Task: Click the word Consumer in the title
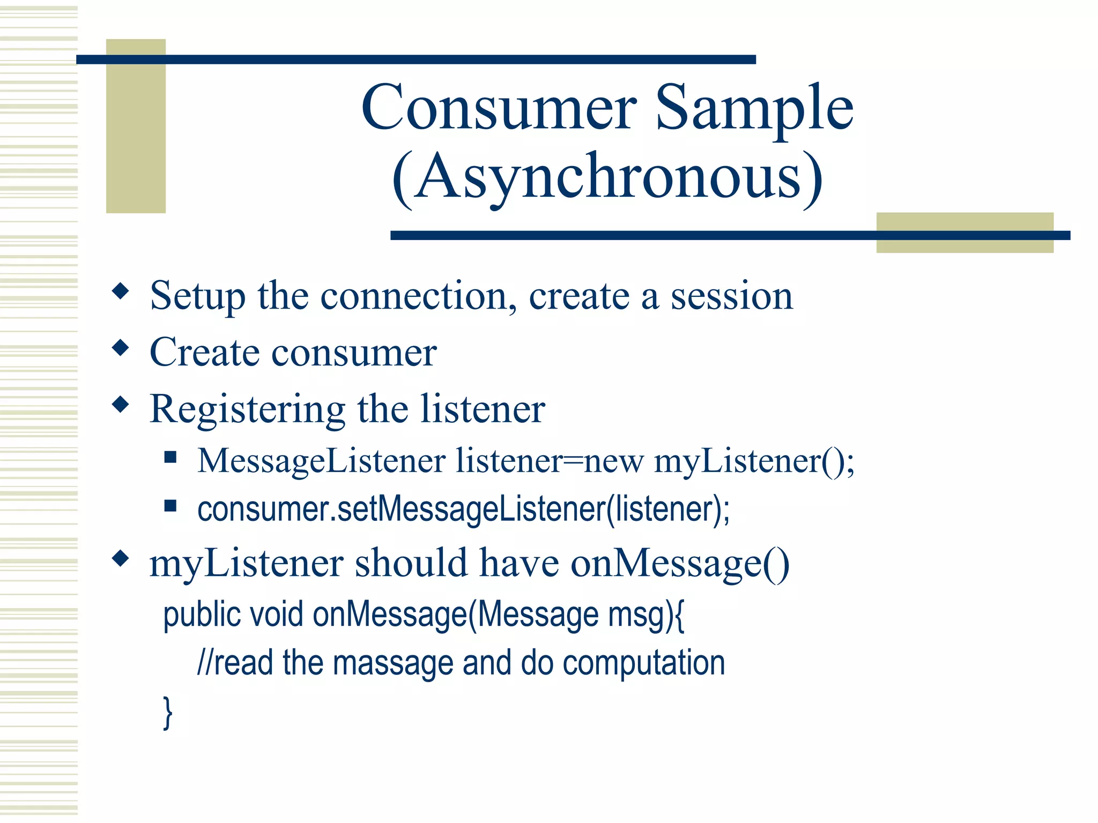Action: pyautogui.click(x=499, y=108)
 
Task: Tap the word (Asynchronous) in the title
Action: pyautogui.click(x=607, y=177)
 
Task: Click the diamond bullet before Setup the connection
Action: pyautogui.click(x=121, y=291)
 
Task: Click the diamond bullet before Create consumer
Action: pyautogui.click(x=121, y=348)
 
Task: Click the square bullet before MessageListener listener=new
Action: pyautogui.click(x=170, y=457)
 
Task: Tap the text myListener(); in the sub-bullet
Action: pyautogui.click(x=754, y=461)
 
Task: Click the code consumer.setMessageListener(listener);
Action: pyautogui.click(x=463, y=509)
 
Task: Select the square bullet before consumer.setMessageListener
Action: pyautogui.click(x=170, y=506)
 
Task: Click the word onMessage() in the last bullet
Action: pyautogui.click(x=679, y=564)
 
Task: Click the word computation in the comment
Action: pyautogui.click(x=643, y=663)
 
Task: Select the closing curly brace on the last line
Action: pyautogui.click(x=168, y=712)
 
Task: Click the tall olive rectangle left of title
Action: pyautogui.click(x=136, y=126)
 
